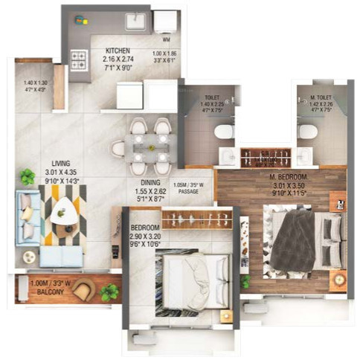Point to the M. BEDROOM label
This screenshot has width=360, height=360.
click(x=289, y=176)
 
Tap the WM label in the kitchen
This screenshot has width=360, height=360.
click(x=166, y=38)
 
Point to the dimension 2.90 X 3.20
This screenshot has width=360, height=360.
click(x=144, y=235)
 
